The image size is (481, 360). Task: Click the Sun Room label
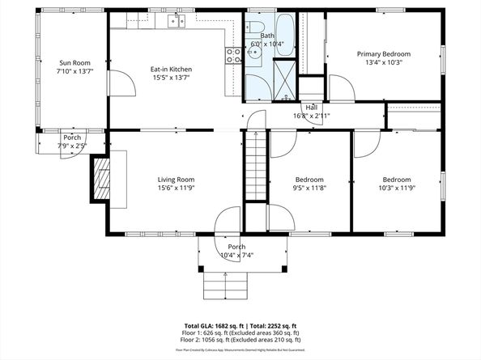(74, 63)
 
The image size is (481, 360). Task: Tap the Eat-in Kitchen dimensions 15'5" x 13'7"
(171, 78)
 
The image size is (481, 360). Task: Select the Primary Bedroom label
(384, 54)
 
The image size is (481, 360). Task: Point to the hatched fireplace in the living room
(102, 177)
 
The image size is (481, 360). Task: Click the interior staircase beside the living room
(256, 166)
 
